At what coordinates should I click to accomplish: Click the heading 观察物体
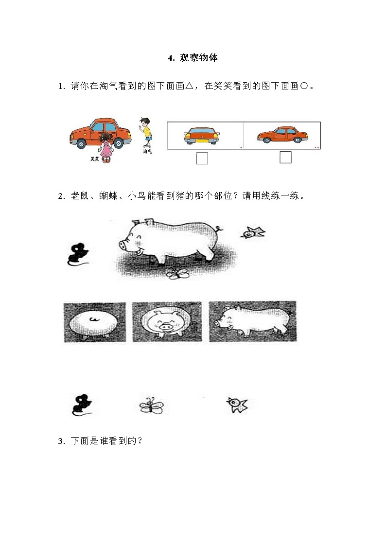pos(193,58)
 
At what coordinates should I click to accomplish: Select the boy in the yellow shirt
pos(145,132)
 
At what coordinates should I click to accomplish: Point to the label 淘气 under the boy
pos(147,152)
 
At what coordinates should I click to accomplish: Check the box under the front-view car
pos(202,159)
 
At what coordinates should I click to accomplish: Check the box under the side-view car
pos(285,158)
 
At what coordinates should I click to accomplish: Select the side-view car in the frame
pos(282,135)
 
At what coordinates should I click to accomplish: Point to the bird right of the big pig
pos(253,233)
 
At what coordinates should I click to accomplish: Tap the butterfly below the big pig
pos(177,274)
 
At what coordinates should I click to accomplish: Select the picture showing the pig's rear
pos(95,322)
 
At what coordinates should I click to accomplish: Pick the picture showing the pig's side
pos(252,321)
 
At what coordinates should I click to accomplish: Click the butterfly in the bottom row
pos(151,405)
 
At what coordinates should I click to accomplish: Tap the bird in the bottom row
pos(237,405)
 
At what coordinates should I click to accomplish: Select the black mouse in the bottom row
pos(82,405)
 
